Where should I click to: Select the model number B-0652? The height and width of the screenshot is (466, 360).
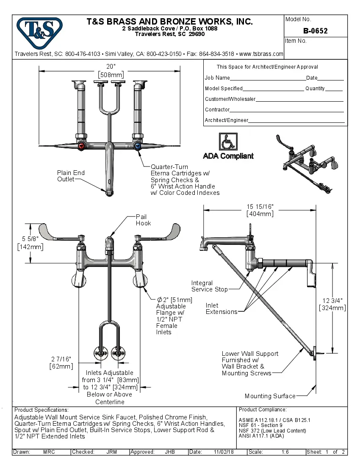pos(316,31)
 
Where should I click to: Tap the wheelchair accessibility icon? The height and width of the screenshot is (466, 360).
pos(228,141)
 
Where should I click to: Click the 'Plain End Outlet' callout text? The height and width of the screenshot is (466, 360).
pos(71,176)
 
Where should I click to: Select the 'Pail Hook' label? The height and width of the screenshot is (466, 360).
pos(143,220)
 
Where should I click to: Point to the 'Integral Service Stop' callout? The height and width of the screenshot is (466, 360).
pos(209,286)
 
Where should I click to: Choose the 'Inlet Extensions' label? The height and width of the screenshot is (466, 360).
pos(222,308)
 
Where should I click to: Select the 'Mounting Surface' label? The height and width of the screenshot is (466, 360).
pos(270,396)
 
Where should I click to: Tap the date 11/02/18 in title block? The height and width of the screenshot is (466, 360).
pos(223,452)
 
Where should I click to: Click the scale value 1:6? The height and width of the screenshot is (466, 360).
pos(285,452)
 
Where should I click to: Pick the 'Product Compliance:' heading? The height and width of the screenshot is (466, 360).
pos(263,410)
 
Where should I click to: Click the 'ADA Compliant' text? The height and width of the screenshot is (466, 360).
pos(228,156)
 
